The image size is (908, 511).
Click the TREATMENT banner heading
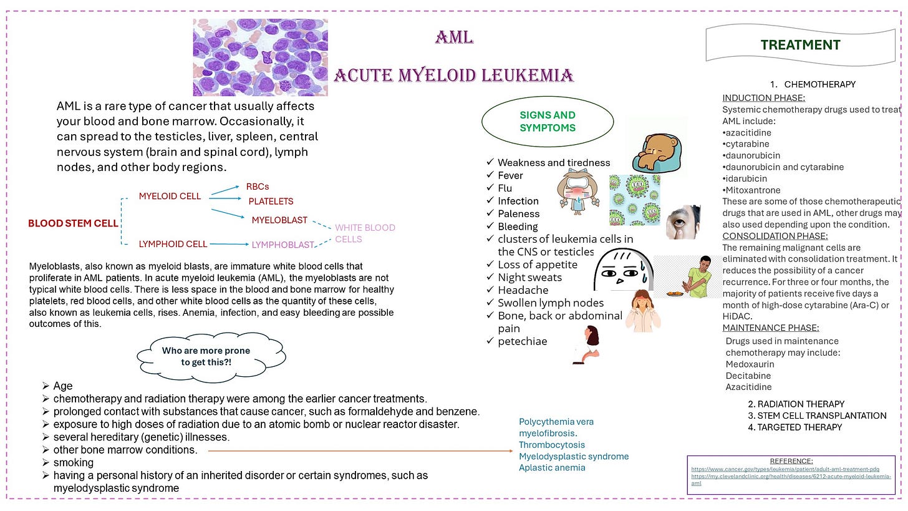800,45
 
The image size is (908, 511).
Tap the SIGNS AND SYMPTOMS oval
547,122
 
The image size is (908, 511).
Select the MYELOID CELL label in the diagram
170,197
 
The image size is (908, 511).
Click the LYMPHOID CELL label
173,244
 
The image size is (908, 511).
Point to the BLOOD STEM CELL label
73,223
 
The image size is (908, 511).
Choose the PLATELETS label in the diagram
271,202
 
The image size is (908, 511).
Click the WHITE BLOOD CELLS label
365,233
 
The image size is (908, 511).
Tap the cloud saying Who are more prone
211,356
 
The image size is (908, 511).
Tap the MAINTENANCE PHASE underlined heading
770,328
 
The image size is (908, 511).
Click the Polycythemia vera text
556,422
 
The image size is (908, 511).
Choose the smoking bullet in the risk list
73,463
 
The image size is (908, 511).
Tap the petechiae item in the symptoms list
522,341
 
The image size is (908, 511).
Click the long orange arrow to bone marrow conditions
359,450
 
